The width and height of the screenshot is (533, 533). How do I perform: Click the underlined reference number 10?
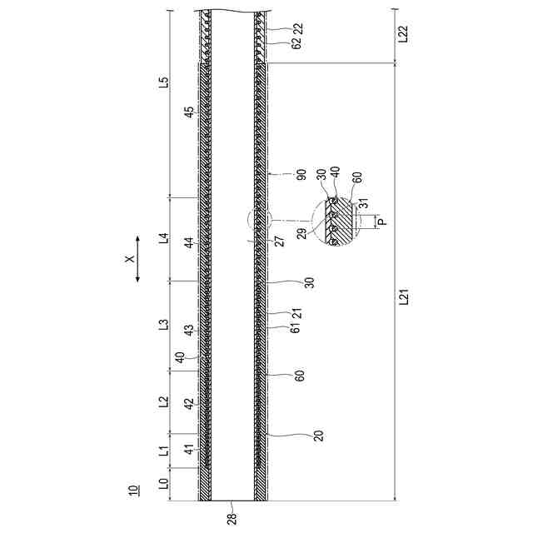133,490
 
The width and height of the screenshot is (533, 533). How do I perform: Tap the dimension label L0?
164,483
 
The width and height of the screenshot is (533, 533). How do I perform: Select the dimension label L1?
164,451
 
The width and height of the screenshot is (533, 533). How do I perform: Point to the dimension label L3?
164,325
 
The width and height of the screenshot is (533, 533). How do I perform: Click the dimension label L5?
164,82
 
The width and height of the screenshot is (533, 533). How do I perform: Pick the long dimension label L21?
403,296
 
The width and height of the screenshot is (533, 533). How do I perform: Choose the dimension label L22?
403,33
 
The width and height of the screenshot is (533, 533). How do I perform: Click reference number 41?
189,450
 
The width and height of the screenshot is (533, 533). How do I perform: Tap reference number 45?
189,112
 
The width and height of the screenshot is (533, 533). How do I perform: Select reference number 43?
189,330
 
